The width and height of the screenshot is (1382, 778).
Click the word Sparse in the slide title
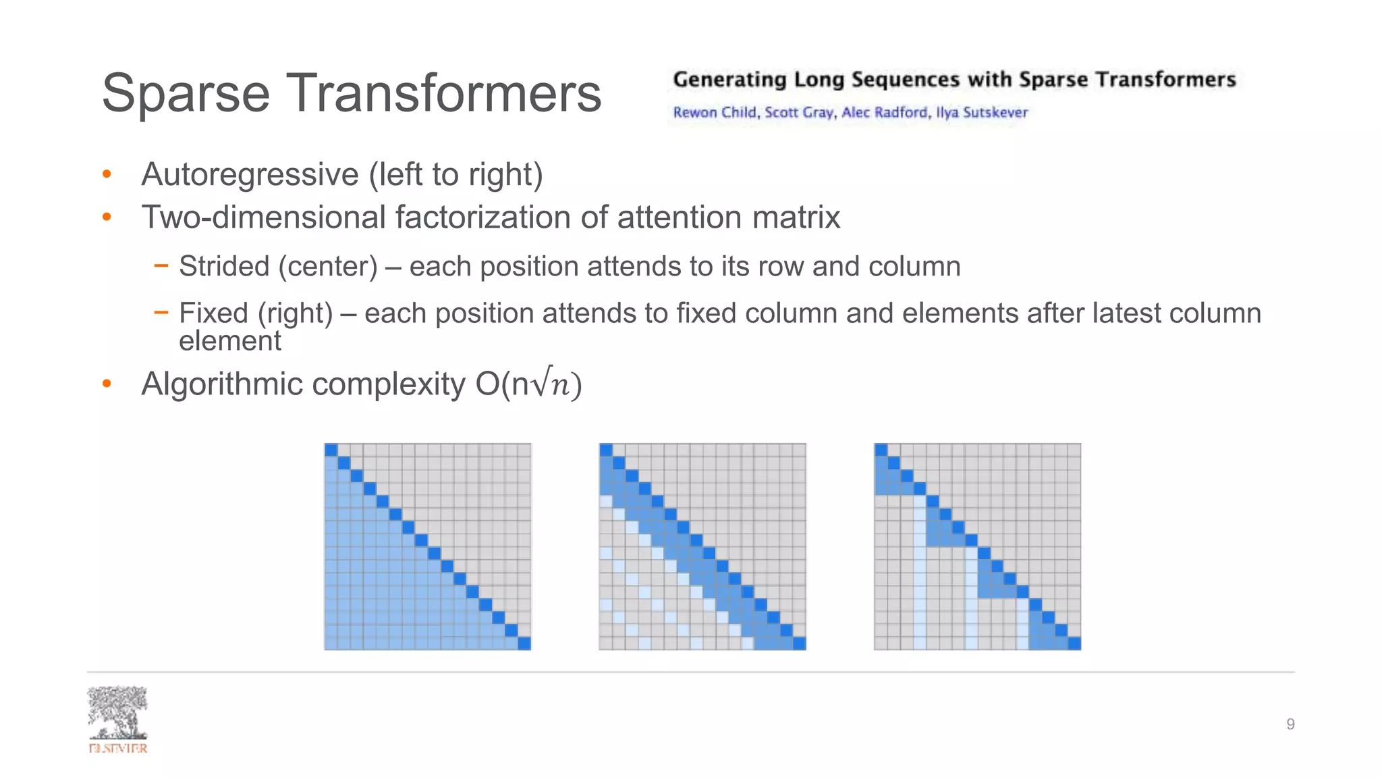[186, 93]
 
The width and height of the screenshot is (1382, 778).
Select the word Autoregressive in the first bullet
[250, 174]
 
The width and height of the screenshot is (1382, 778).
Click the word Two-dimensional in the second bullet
[263, 217]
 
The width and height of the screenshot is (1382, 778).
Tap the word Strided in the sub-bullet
[224, 266]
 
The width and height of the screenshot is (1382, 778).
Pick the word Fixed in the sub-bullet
[213, 313]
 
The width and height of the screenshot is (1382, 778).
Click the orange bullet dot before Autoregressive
[107, 175]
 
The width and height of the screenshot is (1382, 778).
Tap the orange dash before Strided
[161, 266]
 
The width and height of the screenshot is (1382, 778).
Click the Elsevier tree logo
[117, 715]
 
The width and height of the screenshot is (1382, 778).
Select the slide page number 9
[1290, 725]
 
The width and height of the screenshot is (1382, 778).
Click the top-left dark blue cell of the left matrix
[331, 450]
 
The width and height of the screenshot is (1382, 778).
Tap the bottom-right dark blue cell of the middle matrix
[799, 644]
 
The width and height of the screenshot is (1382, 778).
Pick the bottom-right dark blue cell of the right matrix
[1074, 644]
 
